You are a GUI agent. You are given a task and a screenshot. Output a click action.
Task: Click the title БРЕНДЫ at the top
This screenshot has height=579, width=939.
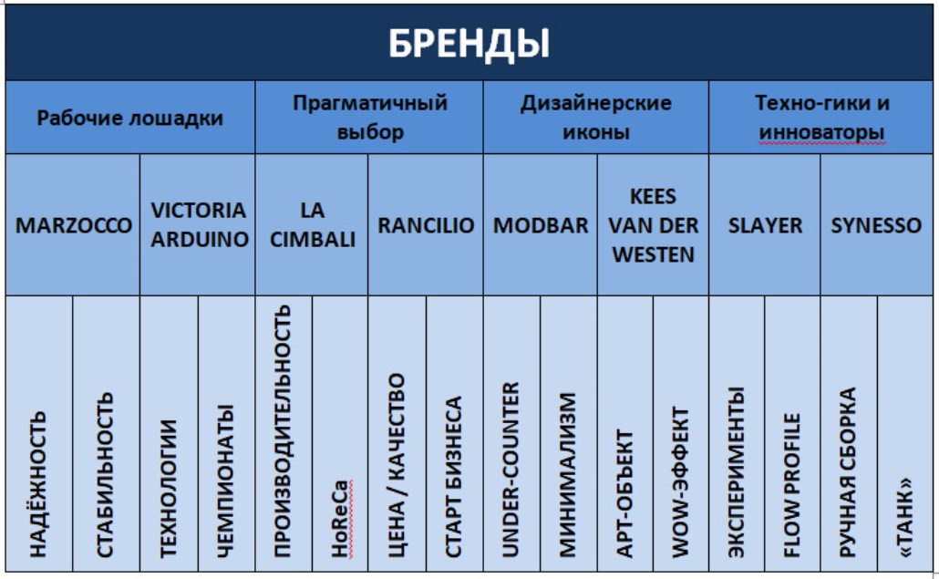[469, 43]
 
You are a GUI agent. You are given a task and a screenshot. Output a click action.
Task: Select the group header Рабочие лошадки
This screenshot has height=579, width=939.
[130, 118]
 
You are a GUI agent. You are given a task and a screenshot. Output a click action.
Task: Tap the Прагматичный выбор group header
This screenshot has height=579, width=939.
[370, 118]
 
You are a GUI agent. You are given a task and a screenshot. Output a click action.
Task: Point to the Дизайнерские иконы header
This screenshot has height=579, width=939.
[596, 118]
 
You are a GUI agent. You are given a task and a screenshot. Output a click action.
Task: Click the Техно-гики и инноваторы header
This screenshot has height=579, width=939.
[821, 118]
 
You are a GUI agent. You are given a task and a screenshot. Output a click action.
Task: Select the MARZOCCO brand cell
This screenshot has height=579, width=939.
[73, 225]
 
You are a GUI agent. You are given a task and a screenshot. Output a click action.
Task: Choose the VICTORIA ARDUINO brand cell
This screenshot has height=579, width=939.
[199, 224]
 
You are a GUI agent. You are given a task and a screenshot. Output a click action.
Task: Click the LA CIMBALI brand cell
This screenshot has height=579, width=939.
[312, 224]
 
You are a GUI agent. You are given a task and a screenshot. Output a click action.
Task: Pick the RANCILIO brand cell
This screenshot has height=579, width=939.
[426, 225]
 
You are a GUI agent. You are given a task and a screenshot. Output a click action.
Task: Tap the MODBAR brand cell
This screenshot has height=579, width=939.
[541, 225]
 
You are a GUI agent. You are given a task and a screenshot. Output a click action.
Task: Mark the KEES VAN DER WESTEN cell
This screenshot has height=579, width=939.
[654, 225]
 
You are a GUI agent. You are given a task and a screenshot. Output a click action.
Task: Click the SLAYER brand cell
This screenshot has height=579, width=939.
[765, 225]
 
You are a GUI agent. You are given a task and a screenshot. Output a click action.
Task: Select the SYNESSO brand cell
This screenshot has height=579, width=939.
[876, 225]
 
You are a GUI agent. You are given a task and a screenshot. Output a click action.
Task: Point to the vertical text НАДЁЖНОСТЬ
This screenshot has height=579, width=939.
[37, 484]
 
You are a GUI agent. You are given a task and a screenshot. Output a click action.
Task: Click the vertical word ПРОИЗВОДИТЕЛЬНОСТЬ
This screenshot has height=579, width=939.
[282, 431]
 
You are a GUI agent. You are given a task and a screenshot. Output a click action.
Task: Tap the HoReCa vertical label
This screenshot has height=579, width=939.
[339, 519]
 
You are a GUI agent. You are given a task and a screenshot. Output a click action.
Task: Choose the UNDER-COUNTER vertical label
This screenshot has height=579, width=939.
[510, 470]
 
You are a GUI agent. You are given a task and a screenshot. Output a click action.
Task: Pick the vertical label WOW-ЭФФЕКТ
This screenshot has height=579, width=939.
[680, 482]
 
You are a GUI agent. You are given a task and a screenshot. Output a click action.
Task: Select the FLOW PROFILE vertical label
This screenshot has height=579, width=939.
[791, 485]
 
